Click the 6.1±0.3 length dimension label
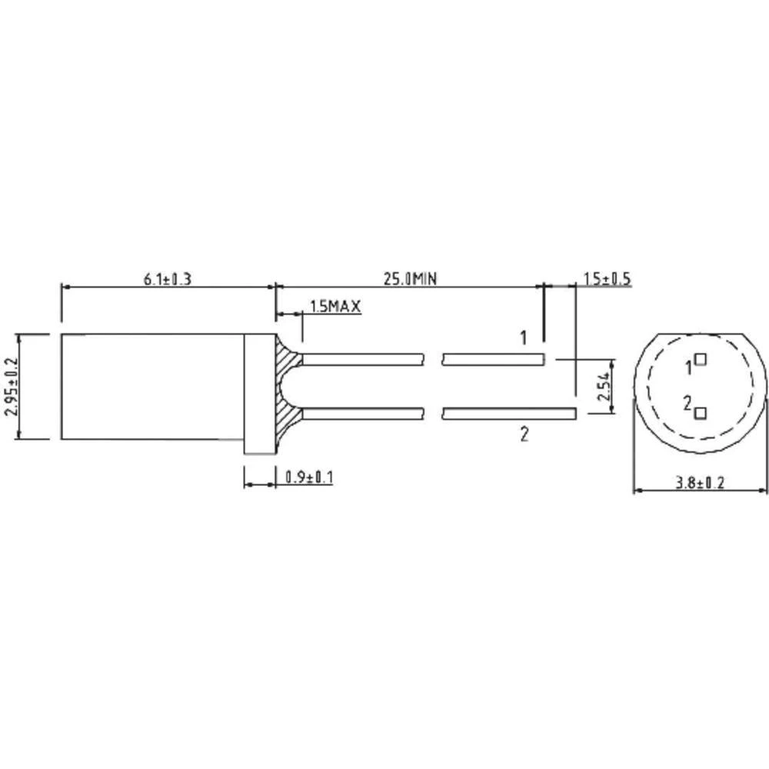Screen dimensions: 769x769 click(x=167, y=278)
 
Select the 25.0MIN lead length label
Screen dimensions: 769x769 click(x=408, y=278)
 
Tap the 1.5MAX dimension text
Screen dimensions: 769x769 click(x=335, y=307)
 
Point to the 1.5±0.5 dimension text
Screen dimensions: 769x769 click(x=607, y=278)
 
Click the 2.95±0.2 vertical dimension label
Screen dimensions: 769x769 click(x=10, y=387)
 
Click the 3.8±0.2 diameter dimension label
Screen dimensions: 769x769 click(x=700, y=483)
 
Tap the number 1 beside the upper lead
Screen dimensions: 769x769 click(x=524, y=338)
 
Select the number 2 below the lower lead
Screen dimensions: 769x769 click(x=524, y=435)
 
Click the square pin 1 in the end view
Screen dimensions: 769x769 click(x=700, y=358)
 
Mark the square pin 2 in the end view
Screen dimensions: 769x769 click(x=700, y=414)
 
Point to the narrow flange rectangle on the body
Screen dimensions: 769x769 click(x=260, y=393)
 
